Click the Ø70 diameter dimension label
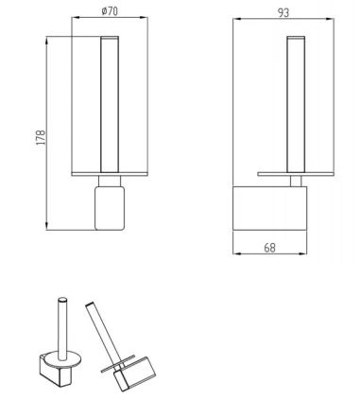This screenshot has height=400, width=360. tap(110, 11)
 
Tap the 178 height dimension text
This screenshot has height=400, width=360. tap(42, 137)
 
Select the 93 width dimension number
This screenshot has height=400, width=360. tap(283, 13)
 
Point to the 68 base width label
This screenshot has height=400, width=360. tap(269, 248)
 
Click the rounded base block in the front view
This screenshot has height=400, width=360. tap(110, 208)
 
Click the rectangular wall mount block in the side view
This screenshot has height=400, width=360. tap(269, 208)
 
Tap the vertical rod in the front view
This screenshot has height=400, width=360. tap(110, 105)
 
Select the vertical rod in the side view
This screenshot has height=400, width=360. tap(296, 105)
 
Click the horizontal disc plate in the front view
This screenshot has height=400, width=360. tap(110, 174)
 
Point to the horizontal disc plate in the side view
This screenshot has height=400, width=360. tap(296, 174)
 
